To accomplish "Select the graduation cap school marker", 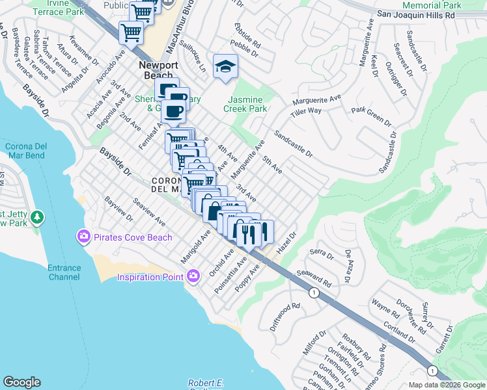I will point(225,67).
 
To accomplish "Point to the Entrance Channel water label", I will point(64,272).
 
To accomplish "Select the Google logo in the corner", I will point(21,382).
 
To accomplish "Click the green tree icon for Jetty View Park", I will point(38,216).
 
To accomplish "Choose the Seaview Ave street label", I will point(150,213).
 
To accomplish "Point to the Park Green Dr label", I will point(371,116).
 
